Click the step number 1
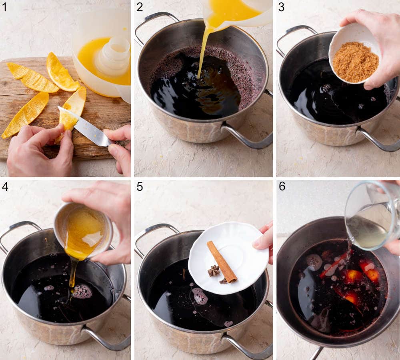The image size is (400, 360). point(4,7)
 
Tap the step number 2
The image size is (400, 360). point(140,7)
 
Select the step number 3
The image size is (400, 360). point(281,7)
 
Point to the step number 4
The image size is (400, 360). point(4,187)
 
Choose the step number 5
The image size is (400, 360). point(140,187)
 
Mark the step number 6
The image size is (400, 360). point(282,187)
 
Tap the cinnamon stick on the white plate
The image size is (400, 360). point(222,262)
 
